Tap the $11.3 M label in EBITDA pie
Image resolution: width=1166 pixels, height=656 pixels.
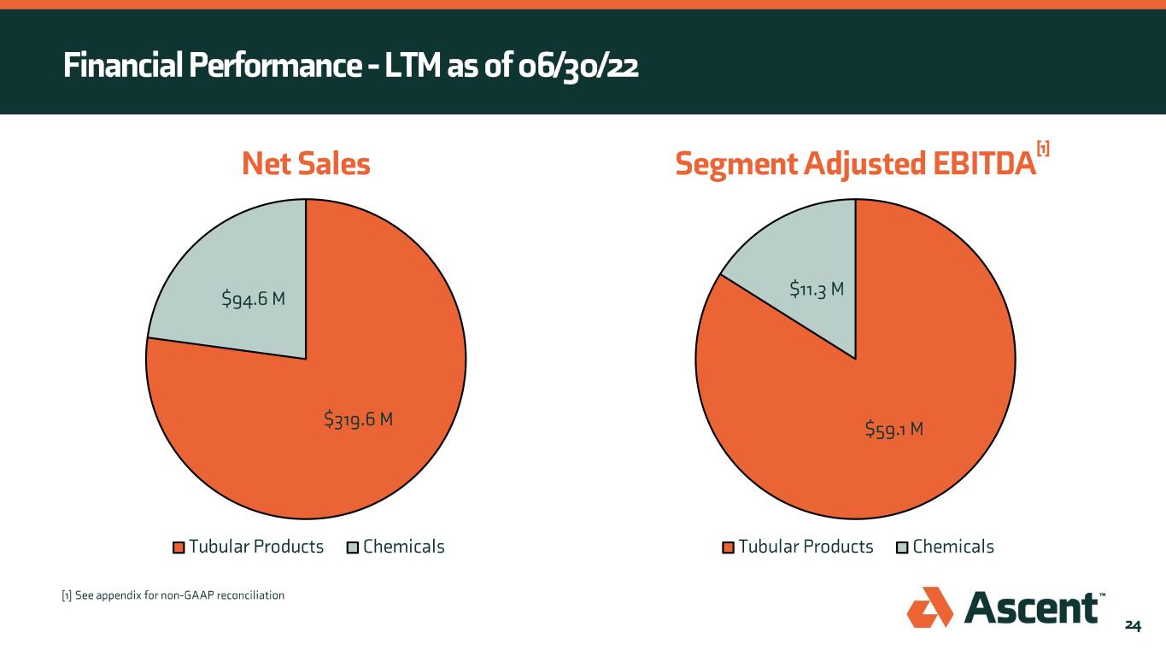817,290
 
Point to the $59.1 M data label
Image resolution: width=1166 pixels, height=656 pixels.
894,428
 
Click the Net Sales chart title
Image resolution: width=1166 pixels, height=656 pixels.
306,165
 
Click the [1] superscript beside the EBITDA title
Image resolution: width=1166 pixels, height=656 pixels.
1042,149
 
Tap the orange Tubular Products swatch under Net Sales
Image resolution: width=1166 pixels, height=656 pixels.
179,548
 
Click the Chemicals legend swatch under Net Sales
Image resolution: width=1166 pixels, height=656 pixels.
353,548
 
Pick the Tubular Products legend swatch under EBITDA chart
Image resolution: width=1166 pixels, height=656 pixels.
729,548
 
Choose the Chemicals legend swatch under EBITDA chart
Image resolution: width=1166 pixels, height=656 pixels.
903,548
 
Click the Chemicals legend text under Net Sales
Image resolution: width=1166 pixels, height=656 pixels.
403,547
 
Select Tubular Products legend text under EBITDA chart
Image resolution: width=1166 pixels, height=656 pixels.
806,547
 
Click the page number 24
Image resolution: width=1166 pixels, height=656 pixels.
1132,626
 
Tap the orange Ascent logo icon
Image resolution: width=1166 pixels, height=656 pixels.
929,607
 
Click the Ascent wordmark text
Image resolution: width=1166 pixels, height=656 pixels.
1031,608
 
